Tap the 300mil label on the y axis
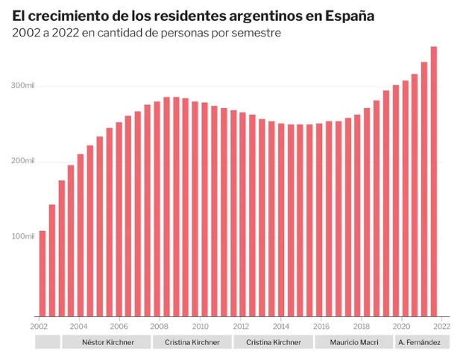click(x=23, y=86)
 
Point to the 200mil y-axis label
click(x=23, y=162)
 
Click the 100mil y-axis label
click(x=23, y=236)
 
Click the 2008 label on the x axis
click(x=159, y=326)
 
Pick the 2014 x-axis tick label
click(x=280, y=326)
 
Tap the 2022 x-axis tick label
click(x=441, y=326)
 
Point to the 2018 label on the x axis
click(x=361, y=326)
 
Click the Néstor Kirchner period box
click(x=105, y=342)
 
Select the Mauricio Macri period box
click(x=351, y=342)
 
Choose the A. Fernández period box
click(x=422, y=342)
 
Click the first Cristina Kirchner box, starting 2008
click(x=190, y=342)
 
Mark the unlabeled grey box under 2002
click(x=47, y=342)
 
